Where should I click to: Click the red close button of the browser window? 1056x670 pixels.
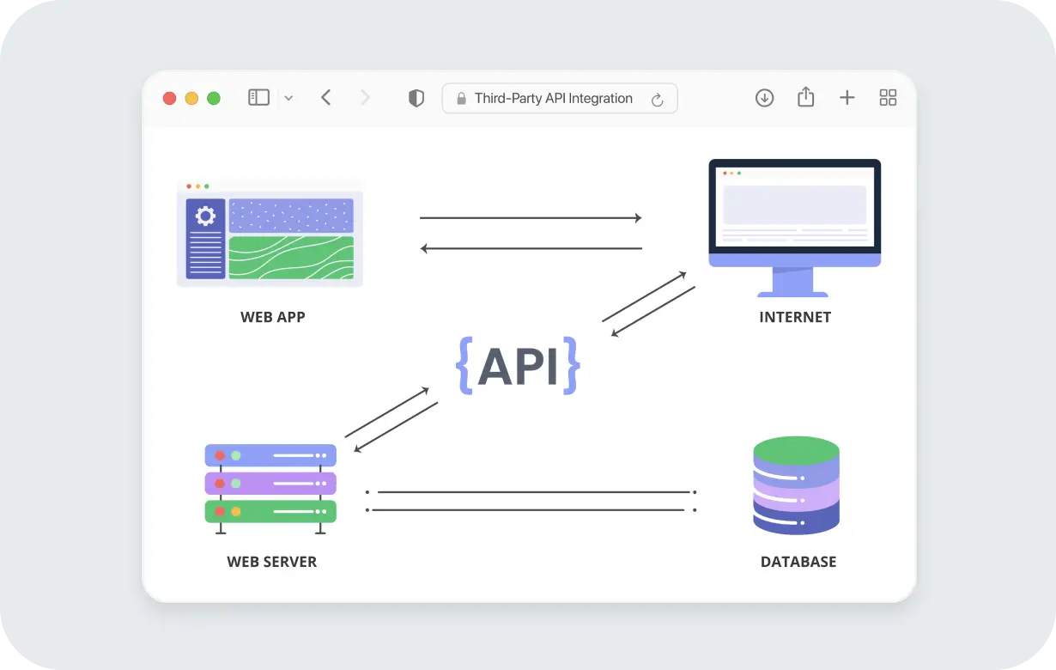(x=169, y=98)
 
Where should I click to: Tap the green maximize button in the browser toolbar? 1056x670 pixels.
(x=214, y=98)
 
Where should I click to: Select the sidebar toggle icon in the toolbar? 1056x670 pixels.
(x=258, y=98)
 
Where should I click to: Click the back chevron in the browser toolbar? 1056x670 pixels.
(x=326, y=98)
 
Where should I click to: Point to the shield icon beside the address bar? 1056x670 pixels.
(x=416, y=99)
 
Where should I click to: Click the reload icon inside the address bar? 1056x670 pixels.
(x=658, y=100)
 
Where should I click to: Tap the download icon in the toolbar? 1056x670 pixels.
(x=764, y=98)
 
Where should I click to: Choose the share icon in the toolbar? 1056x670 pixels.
(x=805, y=97)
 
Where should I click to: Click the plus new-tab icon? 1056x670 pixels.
(x=847, y=98)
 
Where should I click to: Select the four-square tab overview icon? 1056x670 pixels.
(x=888, y=98)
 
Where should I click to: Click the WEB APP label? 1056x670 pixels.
(x=272, y=317)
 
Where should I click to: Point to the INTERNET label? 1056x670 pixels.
(x=795, y=317)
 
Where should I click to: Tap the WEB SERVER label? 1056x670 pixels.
(x=271, y=562)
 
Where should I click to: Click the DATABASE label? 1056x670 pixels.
(x=798, y=562)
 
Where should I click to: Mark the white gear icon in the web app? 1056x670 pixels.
(x=205, y=216)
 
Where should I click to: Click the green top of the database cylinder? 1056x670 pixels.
(x=796, y=450)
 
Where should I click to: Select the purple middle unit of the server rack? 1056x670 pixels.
(x=270, y=484)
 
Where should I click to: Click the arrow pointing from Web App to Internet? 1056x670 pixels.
(x=531, y=218)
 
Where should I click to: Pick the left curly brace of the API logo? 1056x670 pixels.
(x=464, y=366)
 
